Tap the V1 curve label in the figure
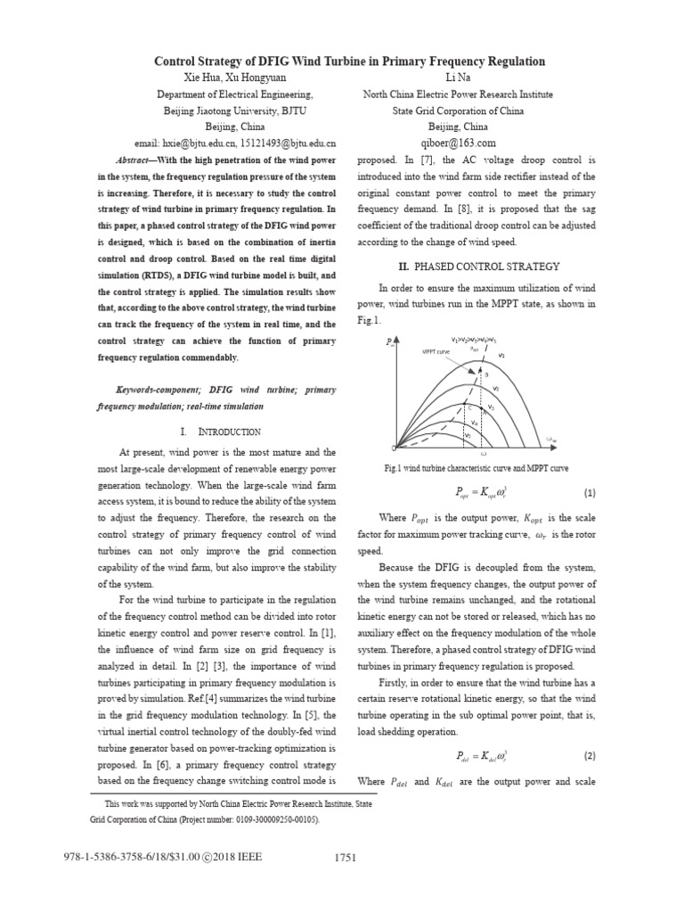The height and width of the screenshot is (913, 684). coord(501,356)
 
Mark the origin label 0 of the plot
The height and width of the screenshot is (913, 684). coord(394,447)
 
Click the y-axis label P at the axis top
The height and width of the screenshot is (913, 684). coord(389,341)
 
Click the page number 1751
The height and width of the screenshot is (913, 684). coord(345,858)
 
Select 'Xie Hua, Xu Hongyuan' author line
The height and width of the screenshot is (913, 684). coord(234,78)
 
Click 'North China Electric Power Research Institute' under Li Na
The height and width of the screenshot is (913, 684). coord(459,95)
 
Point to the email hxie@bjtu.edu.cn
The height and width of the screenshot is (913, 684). coord(196,143)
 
